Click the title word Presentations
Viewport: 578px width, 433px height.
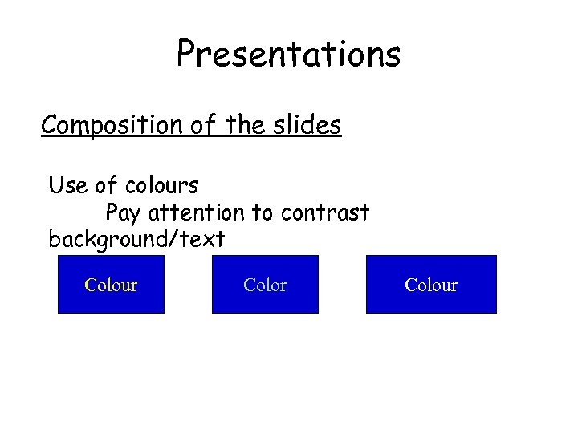point(288,55)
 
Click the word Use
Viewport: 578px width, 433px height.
point(67,186)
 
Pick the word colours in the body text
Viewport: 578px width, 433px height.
point(161,186)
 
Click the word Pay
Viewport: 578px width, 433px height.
point(123,213)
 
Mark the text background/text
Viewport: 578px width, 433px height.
point(136,239)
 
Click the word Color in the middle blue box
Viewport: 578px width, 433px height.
point(265,285)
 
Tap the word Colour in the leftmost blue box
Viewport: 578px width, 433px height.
point(111,285)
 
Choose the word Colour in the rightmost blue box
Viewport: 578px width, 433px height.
point(431,285)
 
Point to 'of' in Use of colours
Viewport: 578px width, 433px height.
point(106,186)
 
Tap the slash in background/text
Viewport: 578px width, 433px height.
point(181,239)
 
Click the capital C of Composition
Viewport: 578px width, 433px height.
point(50,125)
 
